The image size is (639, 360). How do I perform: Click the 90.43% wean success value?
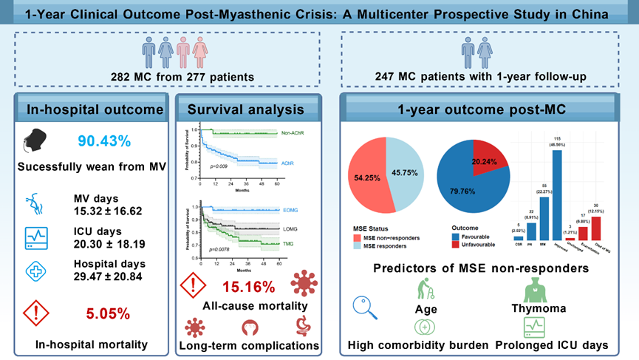104,141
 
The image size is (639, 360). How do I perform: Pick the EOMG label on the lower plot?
272,210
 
